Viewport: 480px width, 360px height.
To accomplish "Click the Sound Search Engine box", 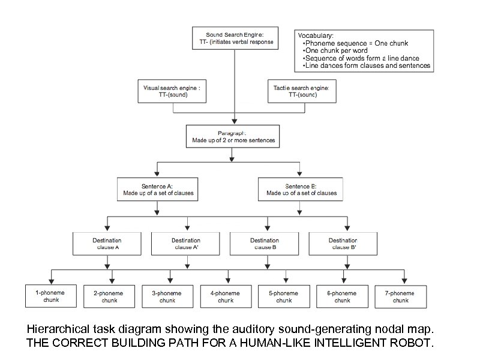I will (x=234, y=38).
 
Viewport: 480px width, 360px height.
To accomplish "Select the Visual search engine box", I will (x=173, y=91).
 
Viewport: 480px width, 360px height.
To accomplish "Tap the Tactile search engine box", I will (x=301, y=91).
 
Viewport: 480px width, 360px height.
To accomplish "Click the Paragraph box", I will (x=233, y=137).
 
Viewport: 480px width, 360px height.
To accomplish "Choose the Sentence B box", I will (x=301, y=190).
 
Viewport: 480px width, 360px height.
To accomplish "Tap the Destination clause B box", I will (x=264, y=243).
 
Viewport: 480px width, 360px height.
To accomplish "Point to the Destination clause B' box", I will (x=343, y=243).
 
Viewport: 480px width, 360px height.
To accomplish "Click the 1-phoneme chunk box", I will (x=51, y=296).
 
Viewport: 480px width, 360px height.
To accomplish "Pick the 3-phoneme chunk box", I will (x=167, y=296).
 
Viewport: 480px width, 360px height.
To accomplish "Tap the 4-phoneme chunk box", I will (x=226, y=296).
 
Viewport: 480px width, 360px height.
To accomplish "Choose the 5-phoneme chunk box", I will (x=284, y=296).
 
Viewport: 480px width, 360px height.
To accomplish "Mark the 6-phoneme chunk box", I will (x=343, y=296).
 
